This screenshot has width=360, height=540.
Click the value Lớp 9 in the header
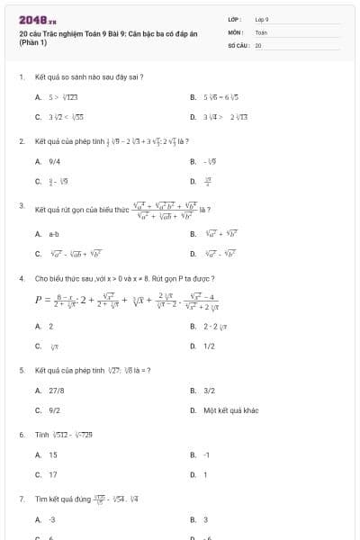[262, 19]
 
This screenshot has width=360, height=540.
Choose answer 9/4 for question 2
[53, 161]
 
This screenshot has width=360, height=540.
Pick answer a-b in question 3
[53, 234]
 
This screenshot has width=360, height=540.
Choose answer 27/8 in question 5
[56, 391]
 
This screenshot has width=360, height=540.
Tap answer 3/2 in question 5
[209, 391]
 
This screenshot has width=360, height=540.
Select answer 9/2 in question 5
[53, 410]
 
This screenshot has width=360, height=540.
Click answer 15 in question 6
[53, 454]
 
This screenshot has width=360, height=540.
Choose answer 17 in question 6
[53, 474]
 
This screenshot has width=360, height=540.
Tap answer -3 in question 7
[52, 519]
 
